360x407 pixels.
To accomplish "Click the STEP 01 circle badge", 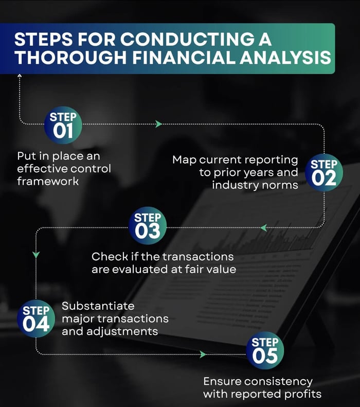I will tap(63, 125).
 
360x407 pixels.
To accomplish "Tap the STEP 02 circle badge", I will tap(324, 172).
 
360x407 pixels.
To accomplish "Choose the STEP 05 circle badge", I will tap(265, 350).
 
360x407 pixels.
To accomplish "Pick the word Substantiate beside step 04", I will tap(98, 306).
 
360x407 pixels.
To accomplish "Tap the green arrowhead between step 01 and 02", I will tap(158, 124).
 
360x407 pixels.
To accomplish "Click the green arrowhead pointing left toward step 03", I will tap(263, 227).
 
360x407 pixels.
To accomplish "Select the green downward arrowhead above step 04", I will tap(35, 255).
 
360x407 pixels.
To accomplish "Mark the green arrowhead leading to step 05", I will tap(203, 355).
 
